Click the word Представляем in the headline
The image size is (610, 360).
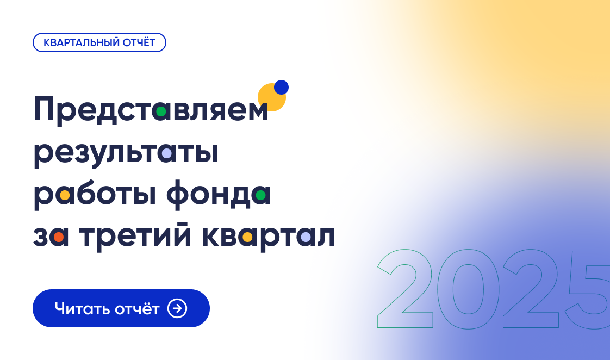[x=151, y=110]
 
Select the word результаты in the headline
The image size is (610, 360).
[x=126, y=153]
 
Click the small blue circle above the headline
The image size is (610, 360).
[x=281, y=87]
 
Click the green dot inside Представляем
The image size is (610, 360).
[x=160, y=111]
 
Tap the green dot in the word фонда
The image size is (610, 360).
[x=261, y=195]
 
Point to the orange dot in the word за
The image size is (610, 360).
[x=59, y=237]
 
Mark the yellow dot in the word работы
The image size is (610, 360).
[x=65, y=195]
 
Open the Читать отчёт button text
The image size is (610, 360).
[x=107, y=309]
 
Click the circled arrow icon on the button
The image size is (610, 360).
[x=177, y=308]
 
